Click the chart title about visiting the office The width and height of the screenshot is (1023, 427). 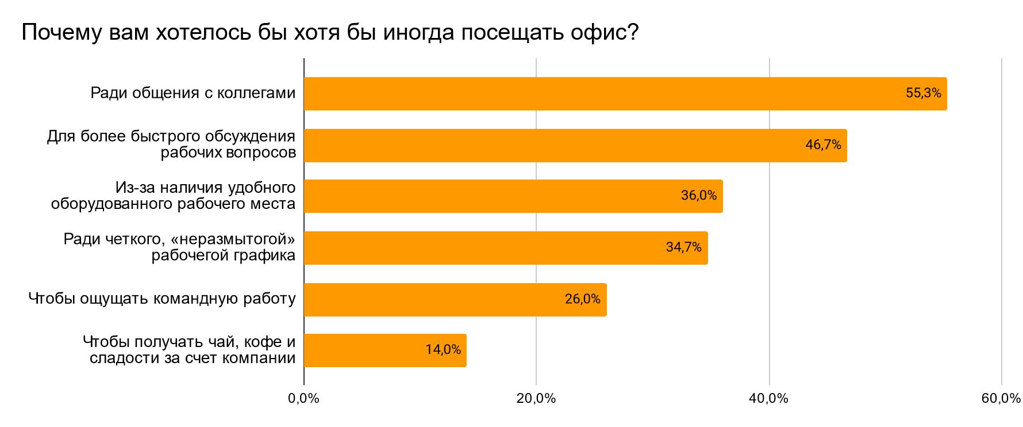point(330,33)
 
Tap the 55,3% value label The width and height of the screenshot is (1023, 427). point(923,93)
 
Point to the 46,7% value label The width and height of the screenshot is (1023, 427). point(823,145)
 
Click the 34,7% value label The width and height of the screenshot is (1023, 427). point(683,247)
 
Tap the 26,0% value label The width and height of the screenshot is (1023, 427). point(582,299)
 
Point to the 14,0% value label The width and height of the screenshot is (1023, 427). point(443,350)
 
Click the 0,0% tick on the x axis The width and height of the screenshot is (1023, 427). point(303,399)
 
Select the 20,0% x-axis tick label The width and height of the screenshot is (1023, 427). point(536,399)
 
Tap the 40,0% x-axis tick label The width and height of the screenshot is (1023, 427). point(768,399)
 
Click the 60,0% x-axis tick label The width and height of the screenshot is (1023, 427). point(1001,399)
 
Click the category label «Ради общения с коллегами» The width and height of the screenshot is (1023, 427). point(193,93)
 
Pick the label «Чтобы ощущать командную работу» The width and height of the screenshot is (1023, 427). point(162,299)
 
